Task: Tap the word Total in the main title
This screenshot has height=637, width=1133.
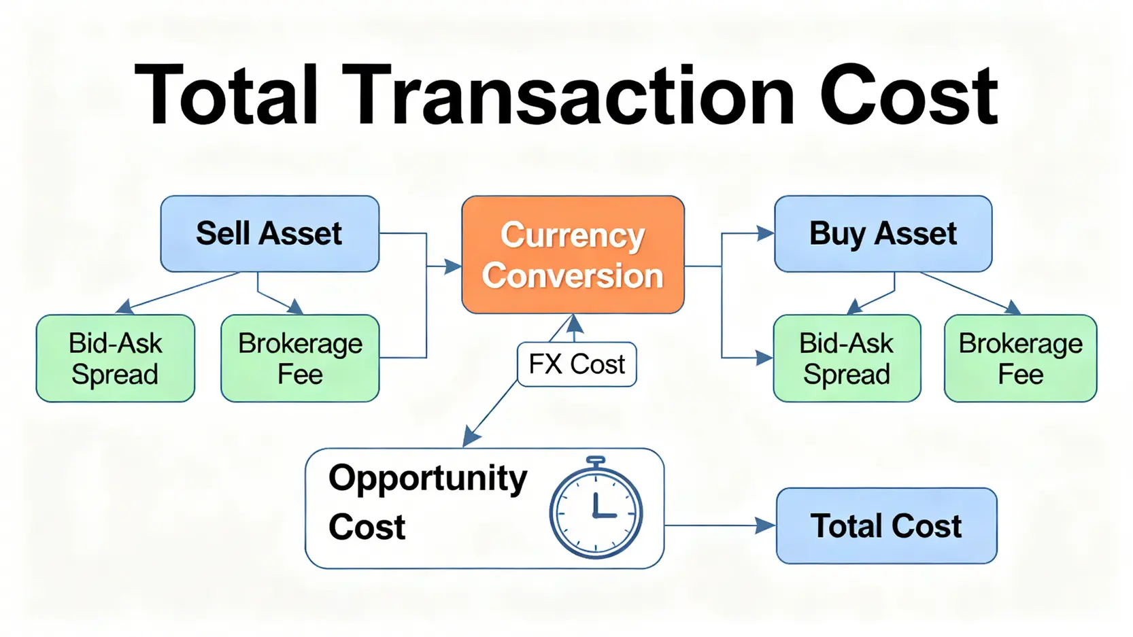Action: (226, 95)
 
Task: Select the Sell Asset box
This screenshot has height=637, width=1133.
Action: (269, 234)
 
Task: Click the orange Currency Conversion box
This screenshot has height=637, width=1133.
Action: (573, 255)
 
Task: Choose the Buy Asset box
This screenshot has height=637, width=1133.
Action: (883, 234)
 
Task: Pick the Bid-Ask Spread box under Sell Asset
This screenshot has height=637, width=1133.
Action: (116, 358)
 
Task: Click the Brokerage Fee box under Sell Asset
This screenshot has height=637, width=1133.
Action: (300, 358)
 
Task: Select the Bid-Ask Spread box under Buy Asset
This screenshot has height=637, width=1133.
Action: (847, 358)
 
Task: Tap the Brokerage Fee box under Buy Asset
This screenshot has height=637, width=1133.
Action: (1021, 358)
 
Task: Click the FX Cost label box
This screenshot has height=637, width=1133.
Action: (577, 364)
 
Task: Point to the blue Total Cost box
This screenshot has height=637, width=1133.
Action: (887, 526)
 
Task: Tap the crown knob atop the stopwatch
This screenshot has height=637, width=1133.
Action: (596, 462)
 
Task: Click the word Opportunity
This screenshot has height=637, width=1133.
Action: (428, 479)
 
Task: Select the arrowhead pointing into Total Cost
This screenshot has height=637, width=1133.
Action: (765, 526)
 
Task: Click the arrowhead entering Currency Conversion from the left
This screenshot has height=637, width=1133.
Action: (453, 266)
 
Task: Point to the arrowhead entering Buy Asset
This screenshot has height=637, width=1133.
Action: (765, 234)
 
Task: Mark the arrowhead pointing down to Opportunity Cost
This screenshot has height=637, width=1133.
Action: (471, 436)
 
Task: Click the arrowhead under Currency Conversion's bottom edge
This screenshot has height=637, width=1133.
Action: (574, 324)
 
